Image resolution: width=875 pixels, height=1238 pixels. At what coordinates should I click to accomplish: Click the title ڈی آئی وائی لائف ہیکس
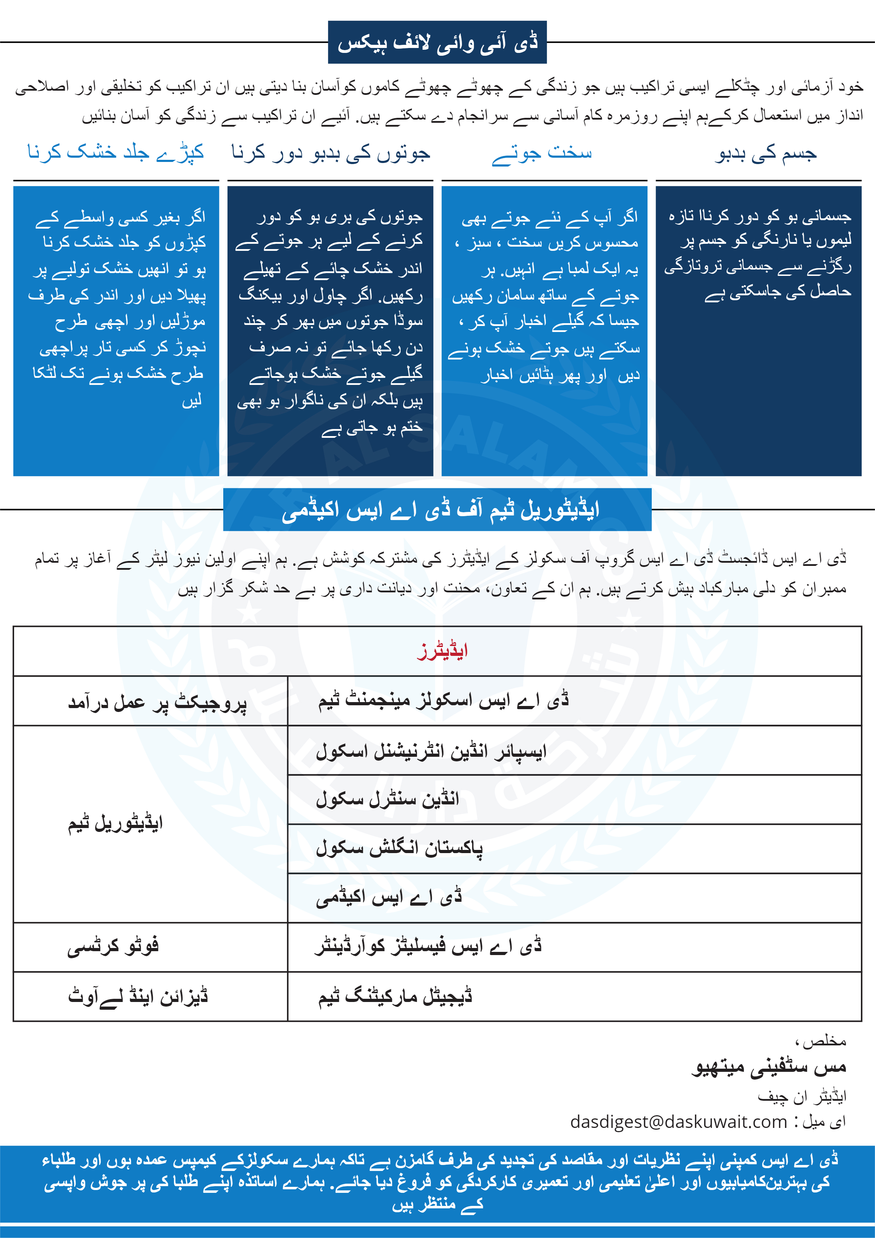pyautogui.click(x=437, y=43)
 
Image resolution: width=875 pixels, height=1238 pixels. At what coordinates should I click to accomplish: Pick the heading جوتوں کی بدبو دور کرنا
pyautogui.click(x=330, y=154)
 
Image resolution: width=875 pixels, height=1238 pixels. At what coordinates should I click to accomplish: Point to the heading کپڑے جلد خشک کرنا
pyautogui.click(x=116, y=153)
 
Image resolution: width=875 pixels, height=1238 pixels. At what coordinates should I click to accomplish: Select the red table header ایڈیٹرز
pyautogui.click(x=442, y=651)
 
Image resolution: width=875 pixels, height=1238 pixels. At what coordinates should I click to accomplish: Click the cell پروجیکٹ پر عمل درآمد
pyautogui.click(x=157, y=702)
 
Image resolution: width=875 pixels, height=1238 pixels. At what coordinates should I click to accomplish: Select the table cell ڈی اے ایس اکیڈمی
pyautogui.click(x=389, y=898)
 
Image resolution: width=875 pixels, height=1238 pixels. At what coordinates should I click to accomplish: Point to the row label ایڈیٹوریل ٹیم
pyautogui.click(x=115, y=824)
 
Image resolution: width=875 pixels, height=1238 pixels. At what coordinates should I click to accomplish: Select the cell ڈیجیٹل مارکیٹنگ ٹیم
pyautogui.click(x=395, y=996)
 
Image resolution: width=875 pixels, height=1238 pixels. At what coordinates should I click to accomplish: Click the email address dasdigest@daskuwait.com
pyautogui.click(x=678, y=1122)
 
